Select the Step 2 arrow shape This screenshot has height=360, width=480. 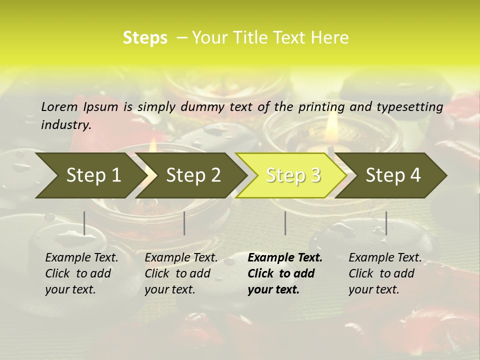(192, 175)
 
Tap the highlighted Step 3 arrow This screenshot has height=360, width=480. (292, 175)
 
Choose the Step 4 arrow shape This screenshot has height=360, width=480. (393, 175)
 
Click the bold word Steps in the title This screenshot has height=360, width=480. (145, 38)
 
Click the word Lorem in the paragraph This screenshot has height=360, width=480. (59, 106)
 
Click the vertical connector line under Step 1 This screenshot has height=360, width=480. (84, 223)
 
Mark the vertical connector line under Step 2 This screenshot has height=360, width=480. (184, 223)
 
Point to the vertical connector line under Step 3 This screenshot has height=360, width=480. (285, 223)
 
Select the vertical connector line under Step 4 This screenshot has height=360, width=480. (386, 223)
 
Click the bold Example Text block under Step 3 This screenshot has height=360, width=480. (285, 273)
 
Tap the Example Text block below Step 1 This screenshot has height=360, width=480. (81, 273)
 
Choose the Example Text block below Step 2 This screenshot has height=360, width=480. (181, 273)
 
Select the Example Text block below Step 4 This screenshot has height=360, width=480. (385, 273)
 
